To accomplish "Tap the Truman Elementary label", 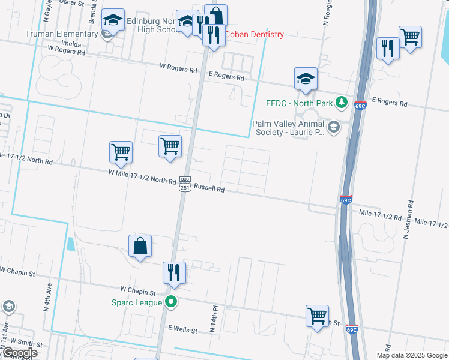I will (61, 34).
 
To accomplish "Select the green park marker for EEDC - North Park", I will (342, 103).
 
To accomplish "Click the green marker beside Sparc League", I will (172, 302).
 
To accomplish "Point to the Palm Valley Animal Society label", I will (288, 128).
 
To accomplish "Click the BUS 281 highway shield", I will (185, 184).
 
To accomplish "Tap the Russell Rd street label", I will (209, 188).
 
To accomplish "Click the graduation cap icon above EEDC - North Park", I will (306, 79).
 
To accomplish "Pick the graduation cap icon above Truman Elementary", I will (112, 20).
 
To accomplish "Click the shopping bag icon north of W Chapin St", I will (140, 246).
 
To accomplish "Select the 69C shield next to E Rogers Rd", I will (360, 106).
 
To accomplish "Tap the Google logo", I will (19, 353).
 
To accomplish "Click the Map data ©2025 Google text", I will (412, 355).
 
